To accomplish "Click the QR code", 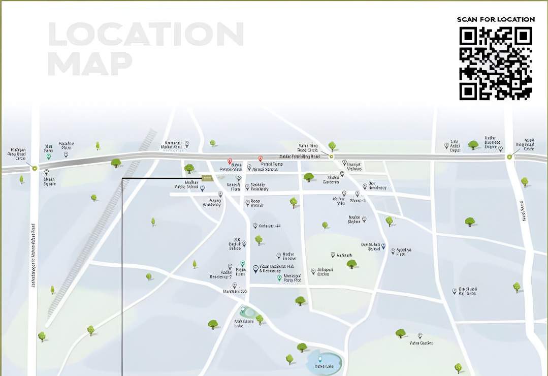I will click(x=496, y=63).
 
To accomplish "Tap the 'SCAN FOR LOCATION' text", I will click(x=496, y=19).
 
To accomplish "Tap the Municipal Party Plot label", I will click(x=292, y=278).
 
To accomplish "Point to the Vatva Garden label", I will click(x=421, y=343).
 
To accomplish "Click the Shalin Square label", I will click(x=49, y=180).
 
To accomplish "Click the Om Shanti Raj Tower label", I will click(x=468, y=291).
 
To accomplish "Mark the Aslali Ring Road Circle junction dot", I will click(x=509, y=158).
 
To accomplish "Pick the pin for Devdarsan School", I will click(x=383, y=246).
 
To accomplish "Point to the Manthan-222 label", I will click(x=234, y=292).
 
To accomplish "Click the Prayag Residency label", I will click(x=212, y=202).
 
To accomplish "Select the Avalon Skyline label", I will click(x=354, y=220).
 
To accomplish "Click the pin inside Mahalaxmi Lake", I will click(x=243, y=309).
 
